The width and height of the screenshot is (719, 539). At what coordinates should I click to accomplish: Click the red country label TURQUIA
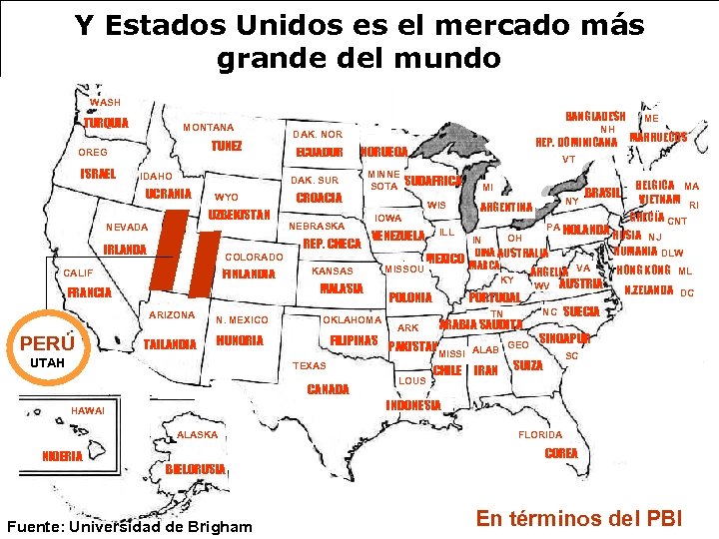(106, 123)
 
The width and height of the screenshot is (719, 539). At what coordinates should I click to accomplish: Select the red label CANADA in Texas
(329, 389)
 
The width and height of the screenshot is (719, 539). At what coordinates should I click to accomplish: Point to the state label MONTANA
(208, 128)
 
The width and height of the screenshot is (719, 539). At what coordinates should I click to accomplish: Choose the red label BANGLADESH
(595, 116)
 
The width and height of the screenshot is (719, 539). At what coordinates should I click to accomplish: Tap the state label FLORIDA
(540, 434)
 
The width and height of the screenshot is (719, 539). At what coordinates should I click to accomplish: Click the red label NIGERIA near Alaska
(62, 456)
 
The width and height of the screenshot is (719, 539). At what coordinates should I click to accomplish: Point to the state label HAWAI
(88, 410)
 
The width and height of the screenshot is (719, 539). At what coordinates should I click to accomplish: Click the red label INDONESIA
(412, 405)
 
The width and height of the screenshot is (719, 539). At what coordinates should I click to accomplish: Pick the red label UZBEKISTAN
(240, 216)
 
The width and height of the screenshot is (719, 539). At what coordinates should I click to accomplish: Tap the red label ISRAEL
(99, 174)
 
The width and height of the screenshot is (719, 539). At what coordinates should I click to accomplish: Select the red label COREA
(561, 453)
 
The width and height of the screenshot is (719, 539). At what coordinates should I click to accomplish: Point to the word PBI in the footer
(661, 518)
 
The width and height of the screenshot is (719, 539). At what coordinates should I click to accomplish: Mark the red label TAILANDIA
(170, 344)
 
